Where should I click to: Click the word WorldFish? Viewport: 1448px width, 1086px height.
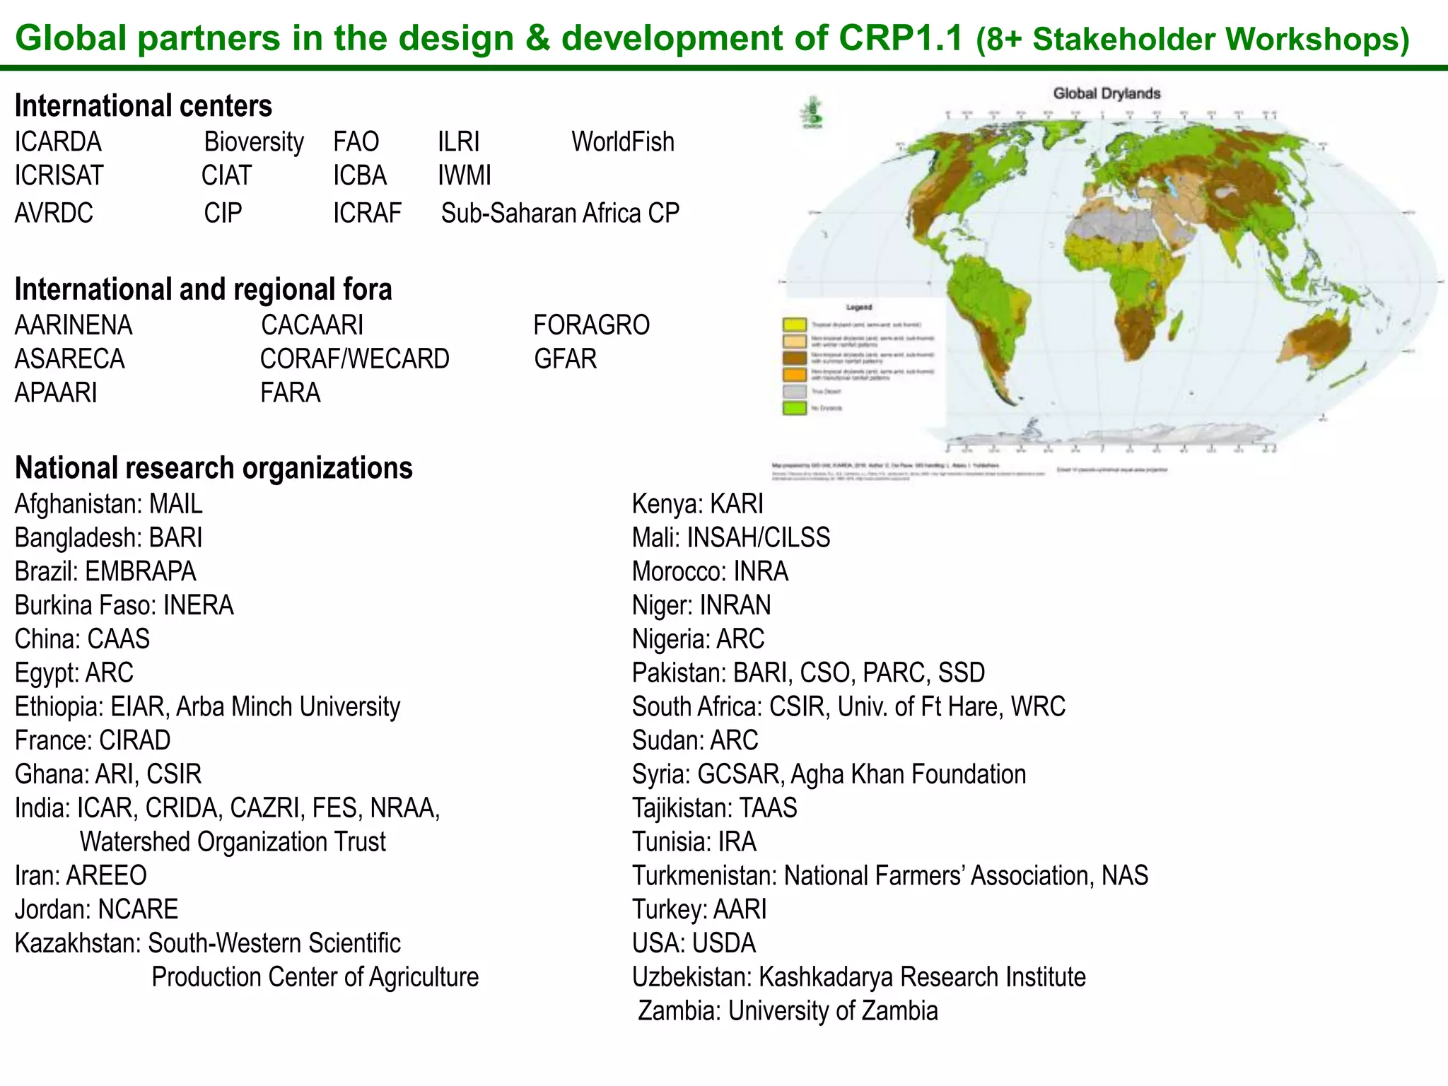(622, 142)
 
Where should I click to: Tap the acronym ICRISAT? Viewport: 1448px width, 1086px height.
(59, 175)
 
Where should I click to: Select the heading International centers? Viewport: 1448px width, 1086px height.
(143, 106)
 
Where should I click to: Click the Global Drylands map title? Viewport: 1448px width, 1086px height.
(1107, 93)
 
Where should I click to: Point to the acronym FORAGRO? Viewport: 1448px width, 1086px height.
(591, 325)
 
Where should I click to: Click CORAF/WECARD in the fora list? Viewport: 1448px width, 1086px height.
(354, 359)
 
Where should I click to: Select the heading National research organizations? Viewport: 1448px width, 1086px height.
(214, 468)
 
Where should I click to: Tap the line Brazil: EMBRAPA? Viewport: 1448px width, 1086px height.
(105, 571)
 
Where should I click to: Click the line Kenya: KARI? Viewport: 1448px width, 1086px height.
(697, 504)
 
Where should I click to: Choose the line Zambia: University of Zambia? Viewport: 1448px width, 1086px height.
(788, 1011)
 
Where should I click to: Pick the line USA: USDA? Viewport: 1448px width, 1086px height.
(694, 943)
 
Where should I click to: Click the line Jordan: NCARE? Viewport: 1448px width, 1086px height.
(96, 909)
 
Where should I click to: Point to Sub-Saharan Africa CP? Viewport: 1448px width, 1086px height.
(560, 214)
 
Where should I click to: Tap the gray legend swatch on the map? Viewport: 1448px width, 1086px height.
(794, 392)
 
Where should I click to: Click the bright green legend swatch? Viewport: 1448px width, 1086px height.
(794, 408)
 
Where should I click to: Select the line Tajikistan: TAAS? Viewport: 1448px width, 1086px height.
(714, 808)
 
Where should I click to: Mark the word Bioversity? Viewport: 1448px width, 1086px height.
(254, 142)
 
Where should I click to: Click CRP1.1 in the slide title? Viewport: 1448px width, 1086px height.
(901, 38)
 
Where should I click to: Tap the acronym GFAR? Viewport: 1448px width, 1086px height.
(565, 359)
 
